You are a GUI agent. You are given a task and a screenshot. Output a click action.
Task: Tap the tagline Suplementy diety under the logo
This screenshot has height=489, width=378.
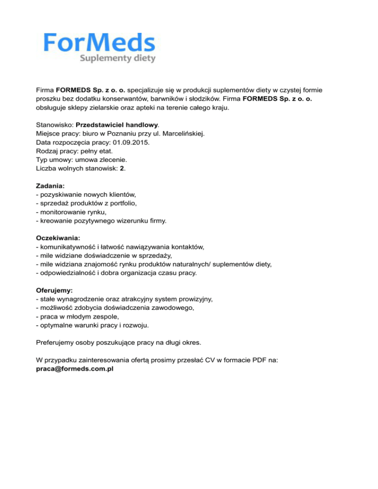(118, 59)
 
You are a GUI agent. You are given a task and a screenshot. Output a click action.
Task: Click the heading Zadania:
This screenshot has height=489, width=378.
(51, 186)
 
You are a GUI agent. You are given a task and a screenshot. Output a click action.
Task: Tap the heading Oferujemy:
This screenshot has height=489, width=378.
(54, 290)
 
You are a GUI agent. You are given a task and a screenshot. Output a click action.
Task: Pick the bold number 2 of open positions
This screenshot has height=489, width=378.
(122, 169)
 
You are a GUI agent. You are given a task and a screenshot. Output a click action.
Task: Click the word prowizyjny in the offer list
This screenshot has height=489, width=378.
(201, 299)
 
